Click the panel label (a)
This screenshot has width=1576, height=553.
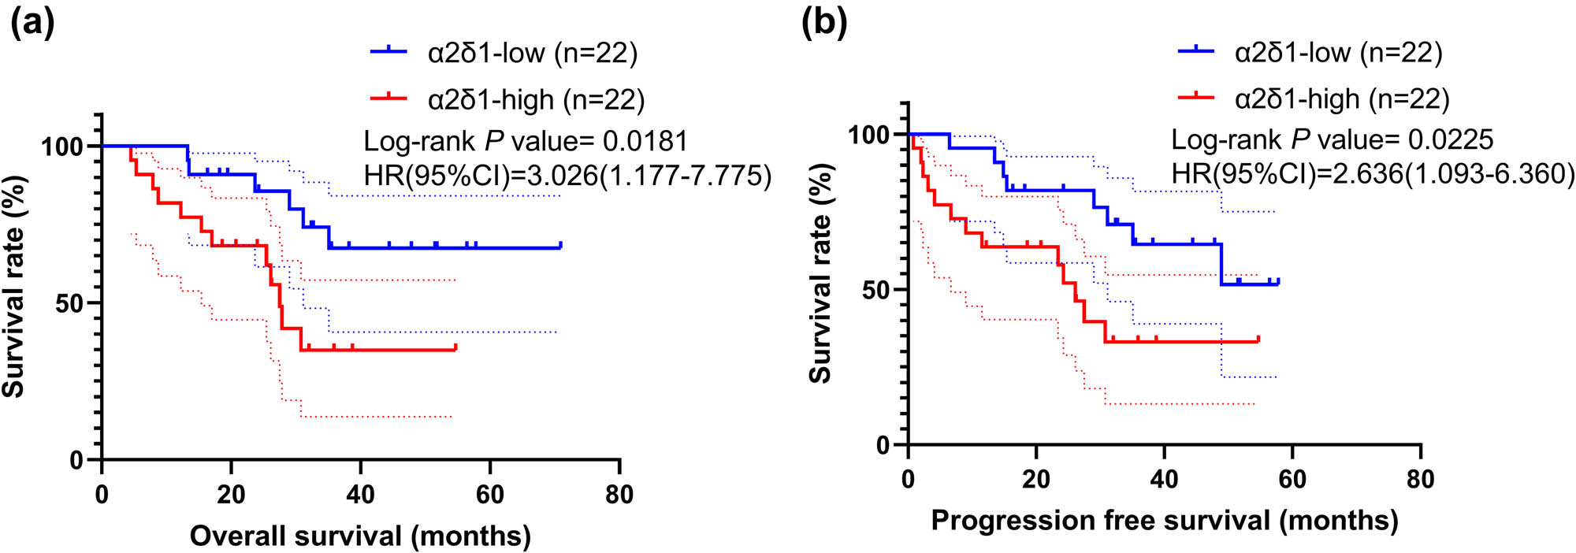[x=32, y=23]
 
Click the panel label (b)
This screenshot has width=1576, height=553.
[x=823, y=23]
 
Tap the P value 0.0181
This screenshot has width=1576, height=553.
[x=645, y=141]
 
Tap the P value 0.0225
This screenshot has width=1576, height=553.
[x=1451, y=139]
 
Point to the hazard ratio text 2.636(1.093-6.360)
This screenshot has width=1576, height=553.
[x=1453, y=173]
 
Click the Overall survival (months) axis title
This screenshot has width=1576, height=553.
[x=360, y=536]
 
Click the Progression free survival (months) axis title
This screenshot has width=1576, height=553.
[x=1164, y=520]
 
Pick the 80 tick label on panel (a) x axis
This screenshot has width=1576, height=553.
[x=619, y=495]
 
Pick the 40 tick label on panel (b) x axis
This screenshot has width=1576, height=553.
[x=1164, y=479]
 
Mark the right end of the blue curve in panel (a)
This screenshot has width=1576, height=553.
[x=560, y=246]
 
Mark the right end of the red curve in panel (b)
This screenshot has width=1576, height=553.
[x=1258, y=340]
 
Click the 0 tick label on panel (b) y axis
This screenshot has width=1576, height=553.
[x=883, y=446]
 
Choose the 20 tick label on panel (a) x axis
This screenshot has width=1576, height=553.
[x=231, y=495]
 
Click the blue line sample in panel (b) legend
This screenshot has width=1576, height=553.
[x=1196, y=52]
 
